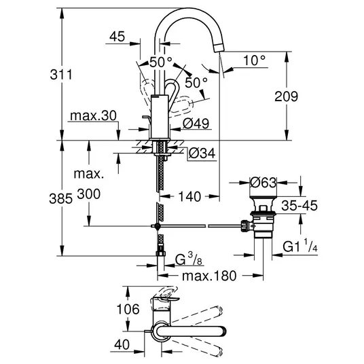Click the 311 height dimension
pos(61,75)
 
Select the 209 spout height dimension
pos(286,96)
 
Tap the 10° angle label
pos(254,60)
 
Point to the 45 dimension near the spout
pos(117,37)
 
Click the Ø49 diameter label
pos(196,124)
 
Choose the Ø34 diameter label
pos(202,153)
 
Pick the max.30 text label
pos(93,115)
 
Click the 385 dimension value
pos(61,199)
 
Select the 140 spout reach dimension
pos(189,197)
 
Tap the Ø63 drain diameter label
pos(263,183)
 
